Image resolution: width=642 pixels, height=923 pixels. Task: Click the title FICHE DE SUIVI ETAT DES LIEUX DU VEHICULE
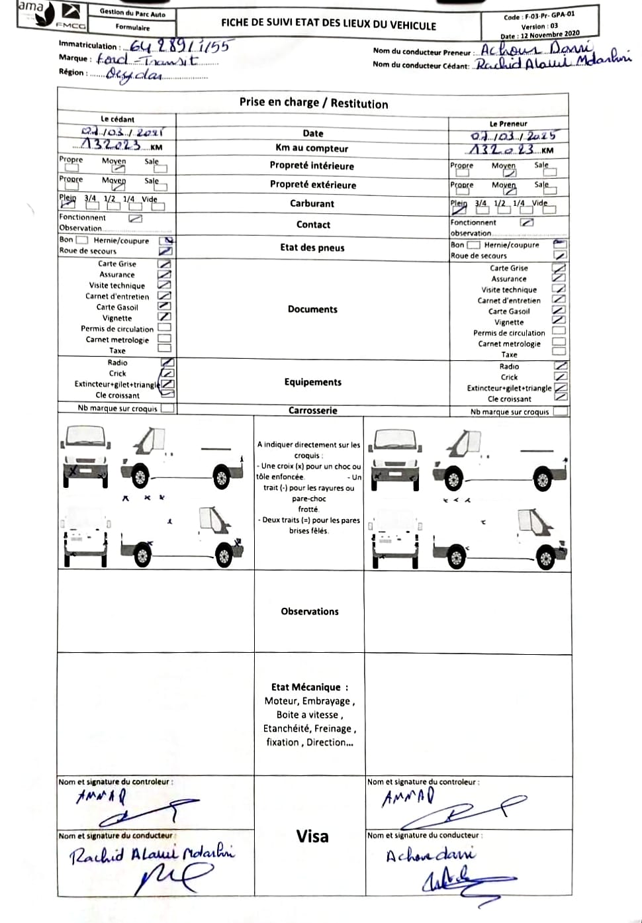click(x=328, y=24)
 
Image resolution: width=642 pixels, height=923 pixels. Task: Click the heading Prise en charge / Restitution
click(x=313, y=103)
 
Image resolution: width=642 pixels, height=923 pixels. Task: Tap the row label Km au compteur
click(x=312, y=148)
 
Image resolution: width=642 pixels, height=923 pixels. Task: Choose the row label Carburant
click(x=312, y=203)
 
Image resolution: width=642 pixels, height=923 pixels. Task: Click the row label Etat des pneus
click(x=312, y=248)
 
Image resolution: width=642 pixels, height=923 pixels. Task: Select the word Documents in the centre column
click(x=312, y=309)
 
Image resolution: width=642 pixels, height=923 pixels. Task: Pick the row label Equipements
click(x=312, y=382)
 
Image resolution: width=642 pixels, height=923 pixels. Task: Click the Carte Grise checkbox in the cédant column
click(x=164, y=264)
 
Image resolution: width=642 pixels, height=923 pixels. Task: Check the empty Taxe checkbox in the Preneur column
click(x=559, y=353)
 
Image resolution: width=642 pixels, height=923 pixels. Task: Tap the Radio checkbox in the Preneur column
click(x=561, y=366)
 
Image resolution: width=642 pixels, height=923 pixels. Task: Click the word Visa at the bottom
click(x=312, y=836)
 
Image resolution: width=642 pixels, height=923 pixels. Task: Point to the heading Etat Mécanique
click(x=309, y=687)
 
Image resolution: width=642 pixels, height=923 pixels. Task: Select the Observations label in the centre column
click(x=310, y=612)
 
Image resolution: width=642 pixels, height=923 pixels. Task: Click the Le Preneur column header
click(x=508, y=124)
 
